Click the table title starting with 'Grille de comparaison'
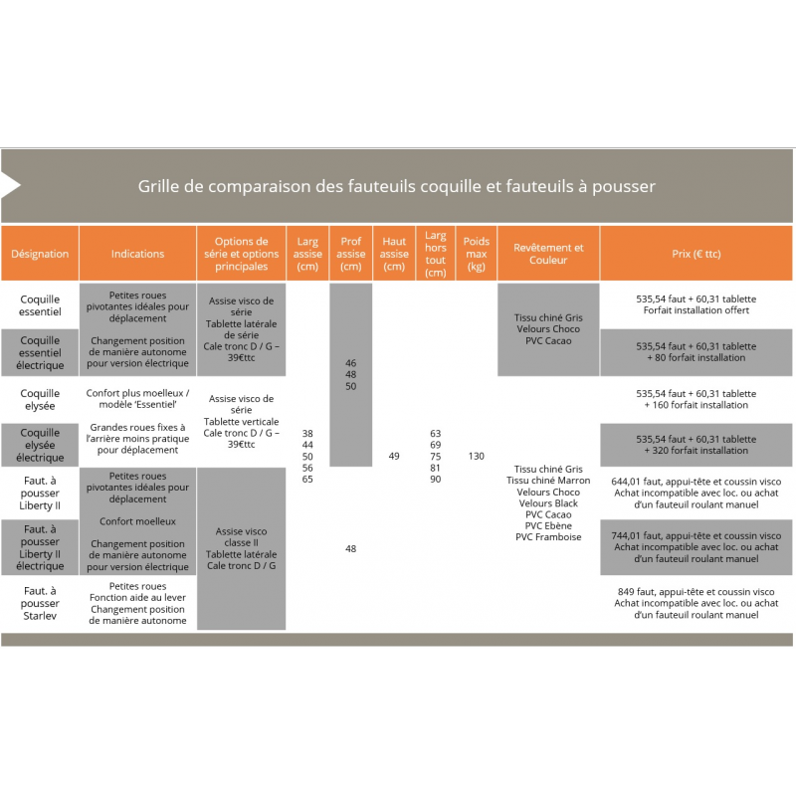[396, 186]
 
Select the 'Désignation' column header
[40, 254]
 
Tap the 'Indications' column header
[137, 254]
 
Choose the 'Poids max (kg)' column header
[477, 254]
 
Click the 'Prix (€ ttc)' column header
[696, 254]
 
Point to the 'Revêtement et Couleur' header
[548, 254]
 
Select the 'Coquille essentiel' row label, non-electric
[40, 304]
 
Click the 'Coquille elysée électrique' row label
[40, 445]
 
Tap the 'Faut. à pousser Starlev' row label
[40, 603]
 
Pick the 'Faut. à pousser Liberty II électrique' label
[40, 547]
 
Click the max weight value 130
[477, 456]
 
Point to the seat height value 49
[394, 456]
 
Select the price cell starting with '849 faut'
[696, 603]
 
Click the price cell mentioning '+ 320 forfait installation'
[696, 445]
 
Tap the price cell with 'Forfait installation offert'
[696, 304]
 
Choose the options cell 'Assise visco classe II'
[241, 548]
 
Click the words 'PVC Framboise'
[548, 537]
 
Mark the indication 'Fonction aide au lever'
[137, 598]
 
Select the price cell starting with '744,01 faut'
[696, 547]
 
